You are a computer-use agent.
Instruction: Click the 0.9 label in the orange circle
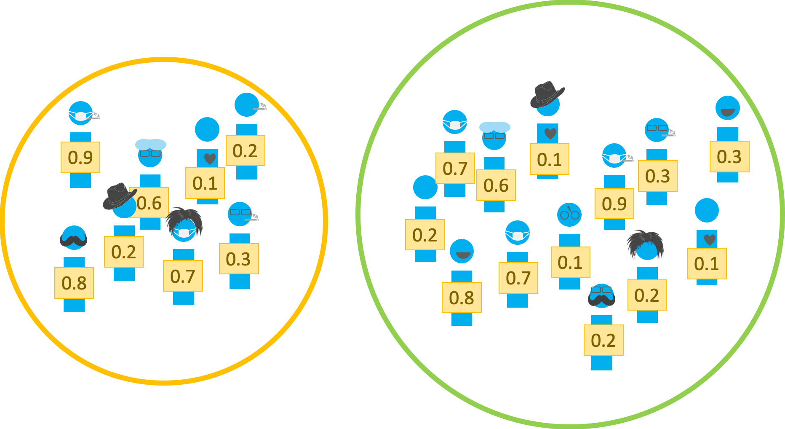pos(80,158)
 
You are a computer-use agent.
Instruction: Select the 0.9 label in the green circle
pos(614,204)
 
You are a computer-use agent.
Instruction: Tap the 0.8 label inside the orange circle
pos(74,283)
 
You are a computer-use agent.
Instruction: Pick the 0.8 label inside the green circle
pos(462,298)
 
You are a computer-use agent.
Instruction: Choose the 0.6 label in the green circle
pos(496,185)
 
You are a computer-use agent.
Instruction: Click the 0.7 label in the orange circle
pos(183,276)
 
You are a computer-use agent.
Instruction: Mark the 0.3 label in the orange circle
pos(239,259)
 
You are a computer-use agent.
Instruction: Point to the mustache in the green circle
pos(601,299)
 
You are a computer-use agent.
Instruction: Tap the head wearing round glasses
pos(569,214)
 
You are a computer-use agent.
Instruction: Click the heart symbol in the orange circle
pos(210,159)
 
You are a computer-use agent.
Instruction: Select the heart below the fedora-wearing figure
pos(550,134)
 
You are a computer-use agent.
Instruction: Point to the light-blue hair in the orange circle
pos(151,145)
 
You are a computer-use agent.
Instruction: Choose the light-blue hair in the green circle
pos(495,127)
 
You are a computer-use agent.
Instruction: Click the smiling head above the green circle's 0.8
pos(462,251)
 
